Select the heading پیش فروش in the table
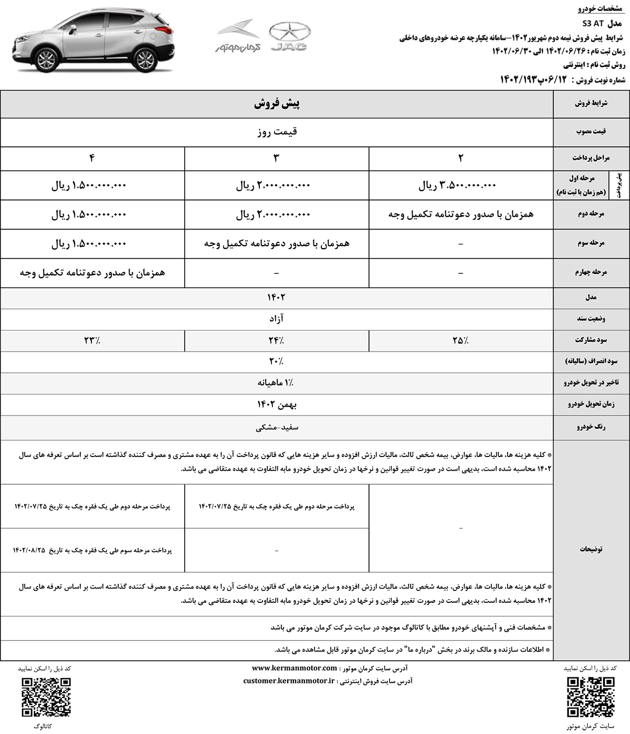click(277, 104)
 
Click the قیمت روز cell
click(277, 132)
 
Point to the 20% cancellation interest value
click(277, 361)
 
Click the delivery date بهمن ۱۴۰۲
click(277, 405)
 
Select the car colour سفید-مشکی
click(277, 428)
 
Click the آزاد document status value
click(277, 318)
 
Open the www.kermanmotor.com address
click(294, 668)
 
